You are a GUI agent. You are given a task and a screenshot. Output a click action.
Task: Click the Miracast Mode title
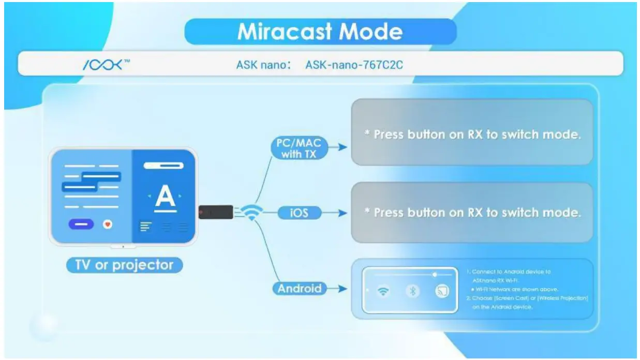pos(320,32)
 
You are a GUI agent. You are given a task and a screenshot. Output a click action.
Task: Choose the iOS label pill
pos(300,213)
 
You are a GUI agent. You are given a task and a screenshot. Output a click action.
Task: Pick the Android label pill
pos(300,289)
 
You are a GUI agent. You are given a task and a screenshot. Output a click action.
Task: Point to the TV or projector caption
pos(124,265)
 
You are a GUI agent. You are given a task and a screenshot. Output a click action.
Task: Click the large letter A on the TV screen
pos(165,198)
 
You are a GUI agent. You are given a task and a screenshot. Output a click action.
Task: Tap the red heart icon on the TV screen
pos(108,224)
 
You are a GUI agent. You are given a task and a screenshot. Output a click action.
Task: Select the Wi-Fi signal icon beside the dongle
pos(252,213)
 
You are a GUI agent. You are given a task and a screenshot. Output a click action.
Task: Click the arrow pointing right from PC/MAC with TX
pos(338,147)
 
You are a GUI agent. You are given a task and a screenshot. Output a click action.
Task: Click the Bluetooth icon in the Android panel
pos(412,292)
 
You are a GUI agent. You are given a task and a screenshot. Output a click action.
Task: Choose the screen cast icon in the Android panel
pos(441,292)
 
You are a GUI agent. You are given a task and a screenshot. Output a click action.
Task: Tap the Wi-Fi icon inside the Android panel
pos(383,292)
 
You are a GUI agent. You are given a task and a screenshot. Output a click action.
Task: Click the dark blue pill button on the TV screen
pos(81,224)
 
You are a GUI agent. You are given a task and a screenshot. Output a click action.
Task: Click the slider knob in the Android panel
pos(435,275)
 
